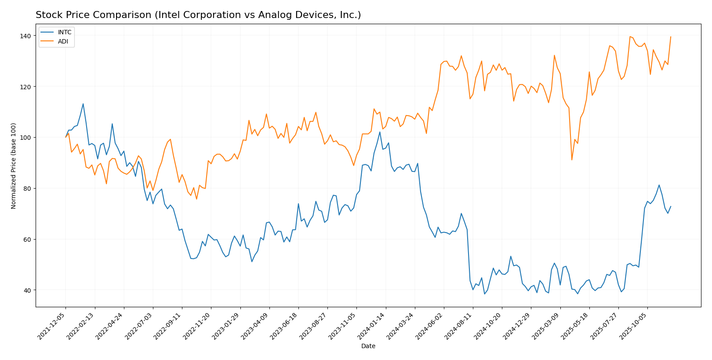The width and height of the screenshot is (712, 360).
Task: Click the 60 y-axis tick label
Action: click(27, 240)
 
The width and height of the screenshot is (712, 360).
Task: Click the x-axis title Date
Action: click(368, 346)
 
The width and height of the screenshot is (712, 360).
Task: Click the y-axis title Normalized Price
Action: click(14, 166)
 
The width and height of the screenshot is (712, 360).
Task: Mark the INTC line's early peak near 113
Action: click(83, 104)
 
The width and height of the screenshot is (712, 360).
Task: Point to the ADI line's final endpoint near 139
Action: click(671, 37)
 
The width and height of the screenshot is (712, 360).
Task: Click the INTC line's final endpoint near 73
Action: click(671, 207)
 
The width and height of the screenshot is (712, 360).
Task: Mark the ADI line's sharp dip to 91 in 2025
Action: click(572, 160)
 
